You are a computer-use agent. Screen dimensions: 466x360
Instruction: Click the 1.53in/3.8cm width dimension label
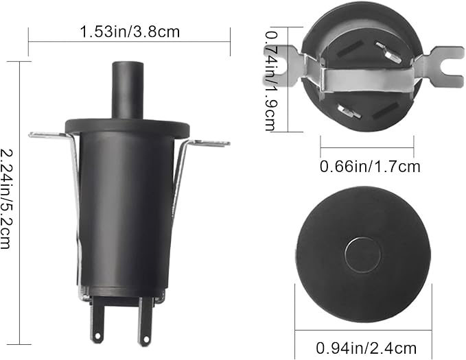click(x=130, y=32)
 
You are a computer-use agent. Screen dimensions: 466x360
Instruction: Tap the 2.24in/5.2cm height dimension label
click(x=7, y=198)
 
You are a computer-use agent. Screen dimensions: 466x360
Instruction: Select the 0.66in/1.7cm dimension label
click(x=370, y=167)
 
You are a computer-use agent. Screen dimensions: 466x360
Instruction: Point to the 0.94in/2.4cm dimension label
click(x=366, y=348)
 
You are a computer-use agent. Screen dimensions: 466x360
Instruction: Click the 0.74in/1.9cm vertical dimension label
click(x=270, y=81)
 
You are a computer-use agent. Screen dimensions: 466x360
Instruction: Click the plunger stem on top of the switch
click(x=127, y=90)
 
